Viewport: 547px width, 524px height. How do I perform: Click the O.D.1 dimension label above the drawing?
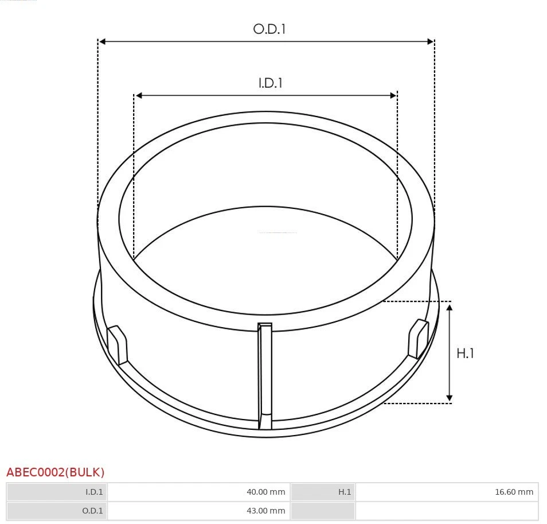pyautogui.click(x=269, y=29)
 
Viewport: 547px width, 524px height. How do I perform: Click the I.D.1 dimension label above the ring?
pyautogui.click(x=270, y=83)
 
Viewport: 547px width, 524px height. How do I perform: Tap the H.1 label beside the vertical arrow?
pyautogui.click(x=465, y=353)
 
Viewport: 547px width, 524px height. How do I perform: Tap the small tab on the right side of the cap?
pyautogui.click(x=418, y=339)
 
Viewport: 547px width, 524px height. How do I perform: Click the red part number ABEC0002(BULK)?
pyautogui.click(x=56, y=472)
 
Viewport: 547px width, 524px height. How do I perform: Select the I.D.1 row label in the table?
pyautogui.click(x=94, y=492)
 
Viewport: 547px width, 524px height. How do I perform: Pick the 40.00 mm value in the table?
pyautogui.click(x=265, y=492)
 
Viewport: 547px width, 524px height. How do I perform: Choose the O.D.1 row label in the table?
pyautogui.click(x=93, y=511)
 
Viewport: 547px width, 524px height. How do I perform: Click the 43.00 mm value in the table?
pyautogui.click(x=265, y=511)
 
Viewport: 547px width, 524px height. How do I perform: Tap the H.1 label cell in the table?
pyautogui.click(x=344, y=492)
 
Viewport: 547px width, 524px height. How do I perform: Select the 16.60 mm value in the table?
pyautogui.click(x=514, y=492)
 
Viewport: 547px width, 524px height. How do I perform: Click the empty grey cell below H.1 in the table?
pyautogui.click(x=323, y=511)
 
